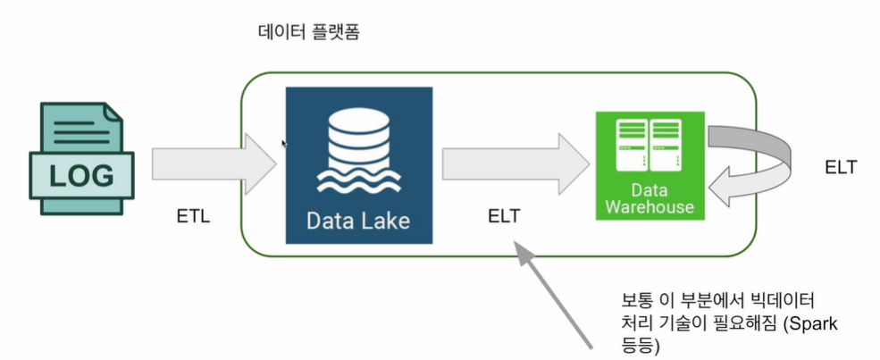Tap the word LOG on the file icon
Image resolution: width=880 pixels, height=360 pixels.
click(80, 176)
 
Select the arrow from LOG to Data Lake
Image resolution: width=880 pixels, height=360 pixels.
click(214, 165)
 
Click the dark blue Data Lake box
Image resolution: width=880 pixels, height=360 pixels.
click(358, 165)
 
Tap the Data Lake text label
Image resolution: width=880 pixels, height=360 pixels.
click(358, 219)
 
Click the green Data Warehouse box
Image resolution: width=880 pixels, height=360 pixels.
click(650, 165)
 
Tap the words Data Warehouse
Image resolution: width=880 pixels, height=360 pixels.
click(650, 198)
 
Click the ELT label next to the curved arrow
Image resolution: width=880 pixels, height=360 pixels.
click(842, 167)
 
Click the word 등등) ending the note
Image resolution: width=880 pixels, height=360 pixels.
click(641, 343)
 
